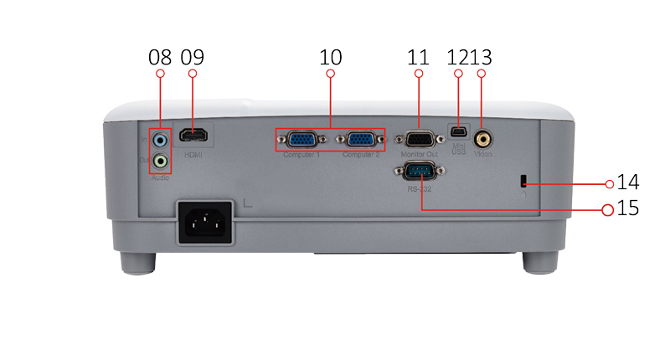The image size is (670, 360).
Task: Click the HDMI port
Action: pyautogui.click(x=196, y=135)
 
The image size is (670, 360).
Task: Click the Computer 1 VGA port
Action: pyautogui.click(x=301, y=141)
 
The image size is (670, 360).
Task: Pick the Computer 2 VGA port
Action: pyautogui.click(x=360, y=141)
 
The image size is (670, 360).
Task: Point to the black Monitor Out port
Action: pyautogui.click(x=419, y=140)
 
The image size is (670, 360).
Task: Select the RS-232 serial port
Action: pyautogui.click(x=419, y=172)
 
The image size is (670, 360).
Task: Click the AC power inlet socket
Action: pyautogui.click(x=204, y=223)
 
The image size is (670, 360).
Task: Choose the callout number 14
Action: pyautogui.click(x=628, y=183)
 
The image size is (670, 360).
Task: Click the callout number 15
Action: pyautogui.click(x=627, y=208)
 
